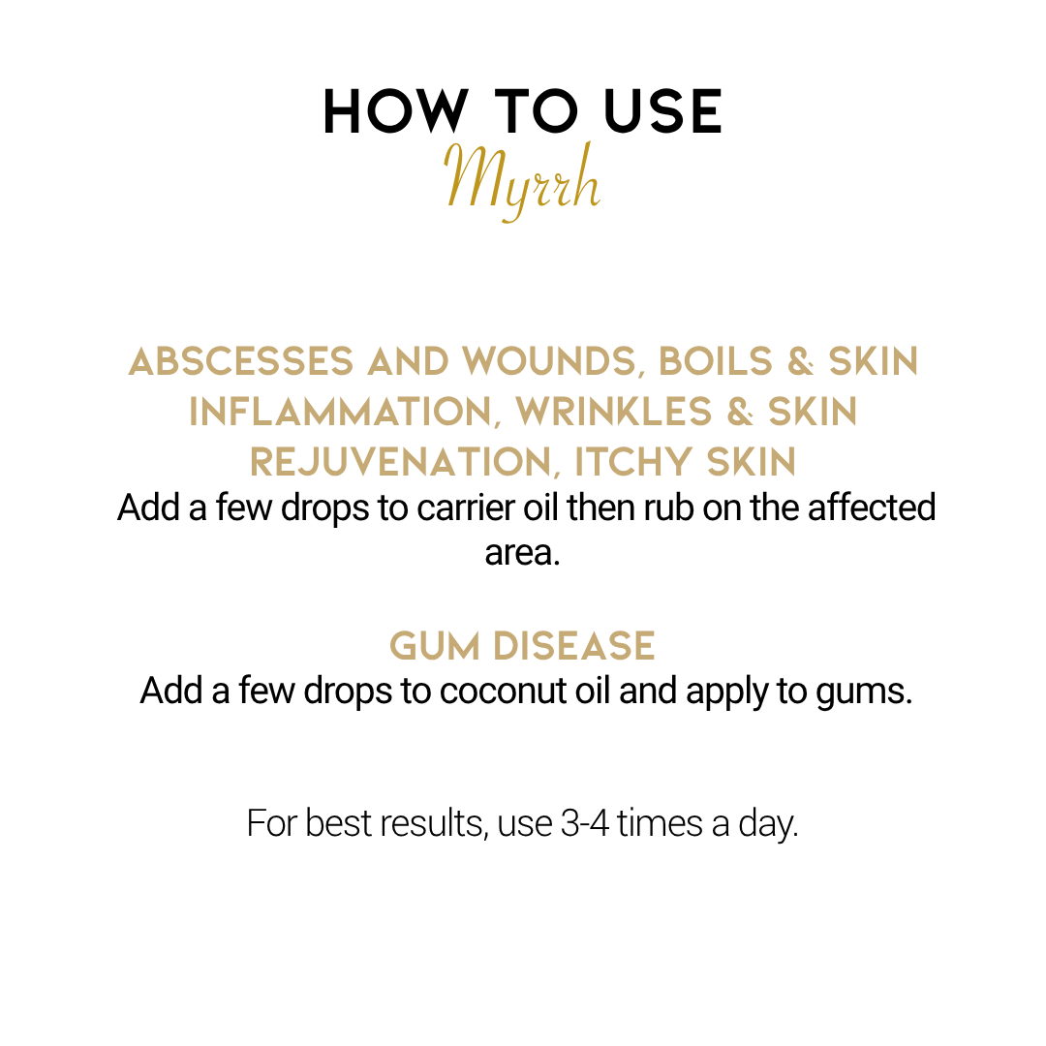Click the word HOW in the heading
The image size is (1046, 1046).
(x=395, y=111)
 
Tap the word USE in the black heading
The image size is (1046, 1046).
(x=663, y=111)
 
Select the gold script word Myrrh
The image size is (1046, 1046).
(x=523, y=179)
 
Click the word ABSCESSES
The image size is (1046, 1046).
(x=241, y=361)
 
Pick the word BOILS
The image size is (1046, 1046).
(x=715, y=361)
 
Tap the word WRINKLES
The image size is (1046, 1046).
(x=613, y=412)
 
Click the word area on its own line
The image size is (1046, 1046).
(x=522, y=553)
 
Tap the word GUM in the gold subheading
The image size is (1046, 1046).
(x=434, y=646)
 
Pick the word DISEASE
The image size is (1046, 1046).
(x=573, y=646)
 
